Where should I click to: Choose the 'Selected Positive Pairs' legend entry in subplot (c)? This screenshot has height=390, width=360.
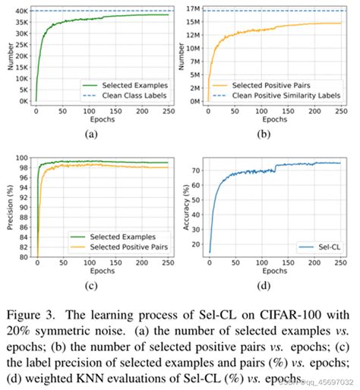pyautogui.click(x=124, y=247)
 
